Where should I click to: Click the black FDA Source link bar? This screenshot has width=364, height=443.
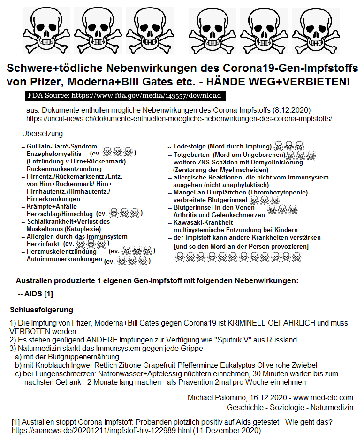pyautogui.click(x=126, y=96)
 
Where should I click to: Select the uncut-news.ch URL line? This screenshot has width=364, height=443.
pyautogui.click(x=179, y=118)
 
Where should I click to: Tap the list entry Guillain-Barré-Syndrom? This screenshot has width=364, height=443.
pyautogui.click(x=62, y=147)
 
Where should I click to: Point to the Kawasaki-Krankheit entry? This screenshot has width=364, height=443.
pyautogui.click(x=203, y=222)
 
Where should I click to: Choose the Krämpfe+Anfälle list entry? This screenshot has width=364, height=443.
pyautogui.click(x=52, y=206)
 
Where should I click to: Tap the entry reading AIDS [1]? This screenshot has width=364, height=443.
pyautogui.click(x=36, y=294)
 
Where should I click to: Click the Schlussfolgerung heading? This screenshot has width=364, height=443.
pyautogui.click(x=41, y=310)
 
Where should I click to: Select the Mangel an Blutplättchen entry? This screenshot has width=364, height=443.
pyautogui.click(x=240, y=193)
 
